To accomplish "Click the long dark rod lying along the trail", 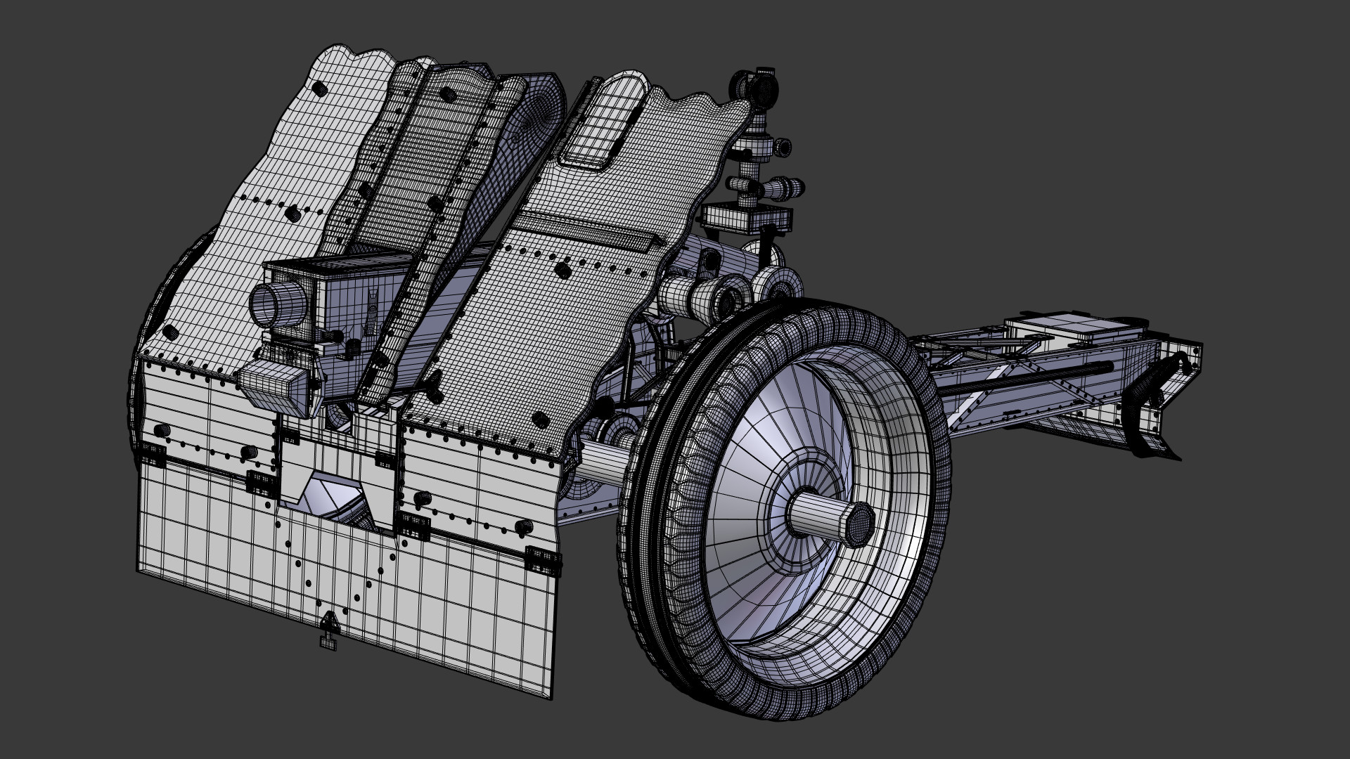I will (x=1027, y=380).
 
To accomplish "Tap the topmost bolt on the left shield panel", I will (x=320, y=89).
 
